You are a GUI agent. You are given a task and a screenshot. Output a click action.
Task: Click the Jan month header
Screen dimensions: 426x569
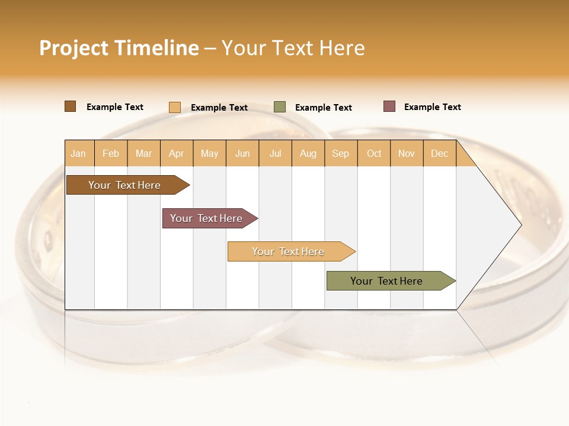pos(79,153)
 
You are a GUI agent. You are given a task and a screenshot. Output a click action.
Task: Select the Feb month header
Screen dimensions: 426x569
pos(111,153)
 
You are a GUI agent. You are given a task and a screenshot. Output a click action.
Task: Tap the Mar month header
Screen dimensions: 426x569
pos(143,153)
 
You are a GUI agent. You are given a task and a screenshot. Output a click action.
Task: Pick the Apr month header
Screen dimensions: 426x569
pos(177,153)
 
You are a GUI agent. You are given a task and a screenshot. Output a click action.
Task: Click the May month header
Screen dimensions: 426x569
pos(209,153)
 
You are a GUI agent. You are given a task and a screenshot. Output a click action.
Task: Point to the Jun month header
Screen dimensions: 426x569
pos(242,153)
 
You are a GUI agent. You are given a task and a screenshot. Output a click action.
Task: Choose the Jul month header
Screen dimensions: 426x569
pos(275,153)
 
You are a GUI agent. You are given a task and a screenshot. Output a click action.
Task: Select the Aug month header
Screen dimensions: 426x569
pos(308,153)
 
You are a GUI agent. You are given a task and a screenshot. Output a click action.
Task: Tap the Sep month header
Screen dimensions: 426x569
pos(341,153)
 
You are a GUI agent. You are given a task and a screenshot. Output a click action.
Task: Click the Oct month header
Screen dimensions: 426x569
pos(374,153)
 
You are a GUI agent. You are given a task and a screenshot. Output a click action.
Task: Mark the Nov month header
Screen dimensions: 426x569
pos(407,153)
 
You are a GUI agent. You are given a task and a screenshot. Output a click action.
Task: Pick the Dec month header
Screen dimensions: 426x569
pos(440,153)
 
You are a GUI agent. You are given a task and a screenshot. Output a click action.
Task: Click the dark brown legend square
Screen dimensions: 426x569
pos(71,106)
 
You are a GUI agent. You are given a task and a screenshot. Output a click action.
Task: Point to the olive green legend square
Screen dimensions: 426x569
pos(280,107)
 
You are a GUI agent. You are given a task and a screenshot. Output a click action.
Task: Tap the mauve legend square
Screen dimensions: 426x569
pos(389,106)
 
